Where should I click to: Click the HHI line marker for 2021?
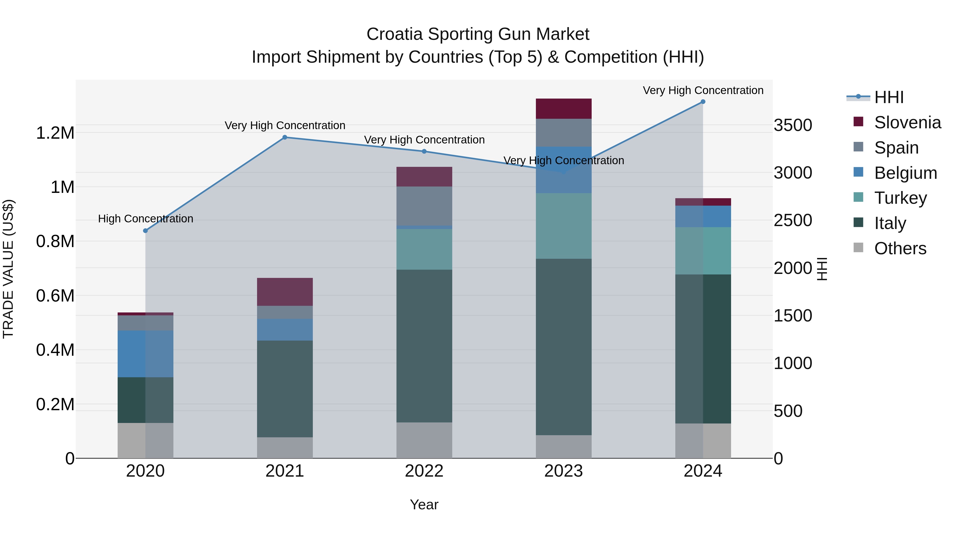point(285,137)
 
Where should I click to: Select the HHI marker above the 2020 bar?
point(146,231)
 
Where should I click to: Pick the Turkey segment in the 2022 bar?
point(424,249)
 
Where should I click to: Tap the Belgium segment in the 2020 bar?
point(146,354)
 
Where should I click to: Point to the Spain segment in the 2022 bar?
point(424,206)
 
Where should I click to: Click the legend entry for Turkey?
point(900,198)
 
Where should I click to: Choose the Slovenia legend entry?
point(907,122)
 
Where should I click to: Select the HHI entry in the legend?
point(889,97)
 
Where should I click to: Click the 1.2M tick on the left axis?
point(55,133)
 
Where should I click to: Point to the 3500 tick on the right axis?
point(793,125)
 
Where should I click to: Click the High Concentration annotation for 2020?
point(146,219)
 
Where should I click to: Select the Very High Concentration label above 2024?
point(703,90)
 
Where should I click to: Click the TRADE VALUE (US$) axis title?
point(8,269)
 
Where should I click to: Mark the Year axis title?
point(424,505)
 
